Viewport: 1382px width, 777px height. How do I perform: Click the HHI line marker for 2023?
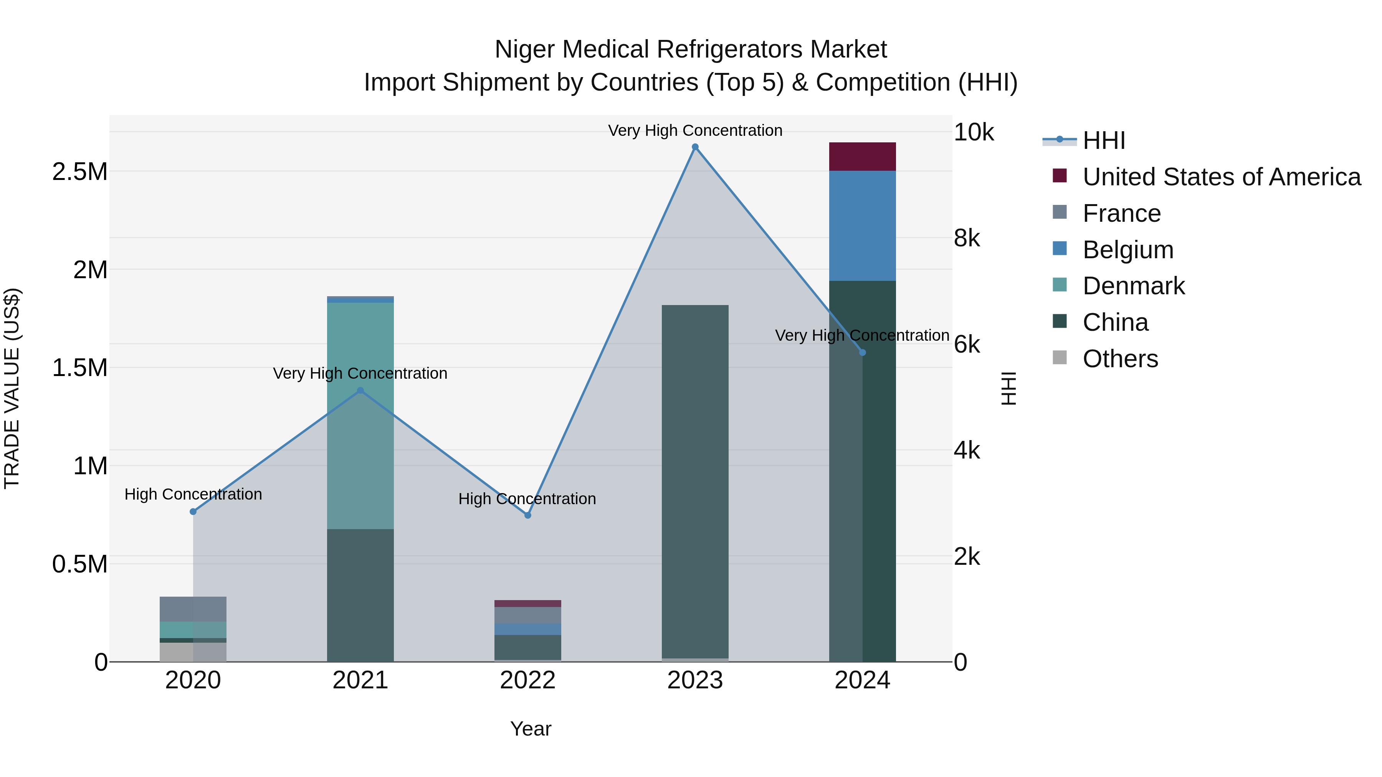click(695, 147)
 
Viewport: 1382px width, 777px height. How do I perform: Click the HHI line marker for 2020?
click(193, 511)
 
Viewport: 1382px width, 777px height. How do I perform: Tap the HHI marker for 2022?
click(527, 515)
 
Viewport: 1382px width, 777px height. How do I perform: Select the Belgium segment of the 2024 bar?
click(862, 225)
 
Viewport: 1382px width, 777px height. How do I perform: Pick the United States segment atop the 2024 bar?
click(862, 157)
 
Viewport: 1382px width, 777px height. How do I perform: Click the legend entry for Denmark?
click(1133, 286)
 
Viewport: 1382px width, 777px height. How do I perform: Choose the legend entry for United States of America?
click(1221, 177)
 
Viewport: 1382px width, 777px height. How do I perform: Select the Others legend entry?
click(1120, 359)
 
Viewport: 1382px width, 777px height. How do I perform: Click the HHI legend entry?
click(1104, 140)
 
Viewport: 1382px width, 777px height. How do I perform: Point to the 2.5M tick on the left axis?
click(79, 172)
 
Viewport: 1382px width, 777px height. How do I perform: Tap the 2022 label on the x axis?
click(527, 680)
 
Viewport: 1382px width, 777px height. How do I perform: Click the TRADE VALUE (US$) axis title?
click(12, 388)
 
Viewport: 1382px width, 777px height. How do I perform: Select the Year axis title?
click(531, 729)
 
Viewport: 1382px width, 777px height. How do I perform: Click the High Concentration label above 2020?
click(193, 494)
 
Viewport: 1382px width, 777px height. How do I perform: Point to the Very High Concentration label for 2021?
click(360, 373)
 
